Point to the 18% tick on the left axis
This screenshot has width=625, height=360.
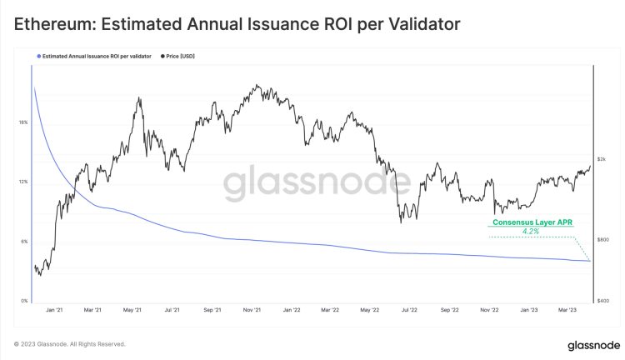pos(22,122)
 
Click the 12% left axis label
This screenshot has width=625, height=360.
pos(22,182)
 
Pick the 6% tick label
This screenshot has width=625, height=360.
pos(23,242)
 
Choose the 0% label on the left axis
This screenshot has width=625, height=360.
pos(23,301)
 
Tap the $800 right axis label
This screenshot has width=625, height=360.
pos(602,240)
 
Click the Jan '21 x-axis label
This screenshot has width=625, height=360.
pos(55,310)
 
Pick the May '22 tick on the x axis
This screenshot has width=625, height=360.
pos(370,310)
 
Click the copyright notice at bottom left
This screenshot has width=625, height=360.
pos(69,343)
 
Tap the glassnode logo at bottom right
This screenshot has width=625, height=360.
pos(582,343)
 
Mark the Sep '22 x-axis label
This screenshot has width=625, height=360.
pos(449,310)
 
